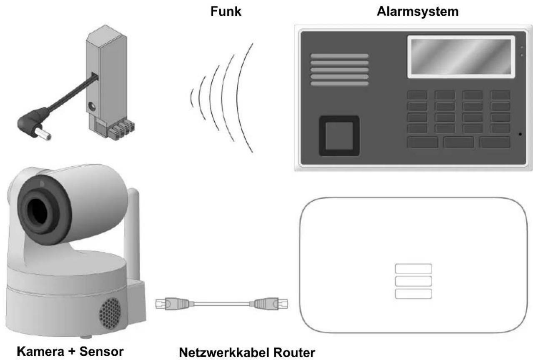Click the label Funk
[226, 11]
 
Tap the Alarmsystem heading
[418, 11]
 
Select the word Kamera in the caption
[40, 351]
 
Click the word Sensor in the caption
[101, 351]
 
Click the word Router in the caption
[294, 352]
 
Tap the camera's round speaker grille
[110, 313]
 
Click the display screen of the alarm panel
[461, 57]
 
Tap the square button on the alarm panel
[339, 136]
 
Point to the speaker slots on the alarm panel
[340, 70]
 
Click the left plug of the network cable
[175, 304]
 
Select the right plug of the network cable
[269, 304]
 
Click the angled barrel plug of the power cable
[33, 125]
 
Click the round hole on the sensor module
[92, 106]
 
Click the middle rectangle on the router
[413, 281]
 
